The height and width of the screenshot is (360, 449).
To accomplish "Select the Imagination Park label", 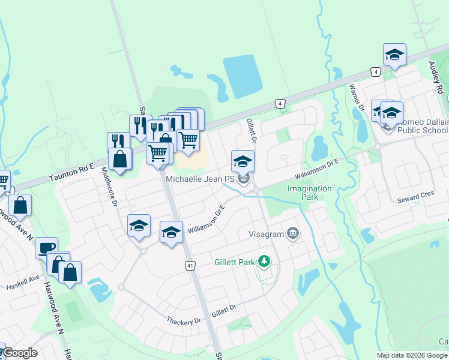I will [309, 193].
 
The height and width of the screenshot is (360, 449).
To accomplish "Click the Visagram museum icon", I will [293, 233].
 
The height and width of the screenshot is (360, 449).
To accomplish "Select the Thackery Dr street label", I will [184, 321].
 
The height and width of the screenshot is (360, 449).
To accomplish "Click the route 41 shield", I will [190, 265].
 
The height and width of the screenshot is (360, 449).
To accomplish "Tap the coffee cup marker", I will [46, 247].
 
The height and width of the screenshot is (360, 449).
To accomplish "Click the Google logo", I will [19, 353].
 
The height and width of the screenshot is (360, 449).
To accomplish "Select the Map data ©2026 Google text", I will [411, 355].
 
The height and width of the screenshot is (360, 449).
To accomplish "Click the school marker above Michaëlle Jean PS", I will [243, 161].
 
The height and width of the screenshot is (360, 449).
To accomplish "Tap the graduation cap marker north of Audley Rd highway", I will [394, 55].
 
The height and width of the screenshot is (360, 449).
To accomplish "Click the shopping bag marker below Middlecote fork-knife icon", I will [120, 160].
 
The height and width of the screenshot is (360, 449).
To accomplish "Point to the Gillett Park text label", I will [234, 262].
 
